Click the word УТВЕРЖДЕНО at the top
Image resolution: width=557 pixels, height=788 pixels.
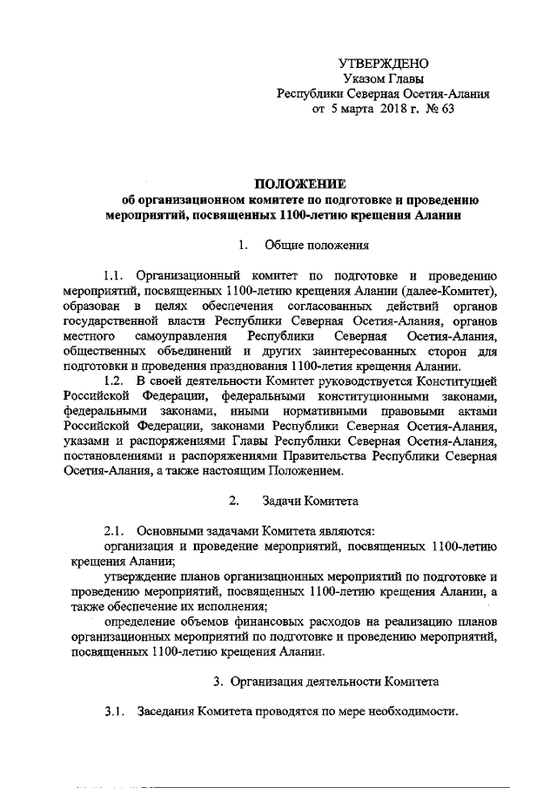coord(383,64)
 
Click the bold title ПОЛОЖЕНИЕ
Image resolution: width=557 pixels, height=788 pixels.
coord(299,184)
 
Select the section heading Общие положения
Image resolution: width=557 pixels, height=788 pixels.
coord(318,245)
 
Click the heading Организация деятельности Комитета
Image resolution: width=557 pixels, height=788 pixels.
coord(336,679)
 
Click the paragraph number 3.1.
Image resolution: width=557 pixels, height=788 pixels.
coord(115,711)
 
